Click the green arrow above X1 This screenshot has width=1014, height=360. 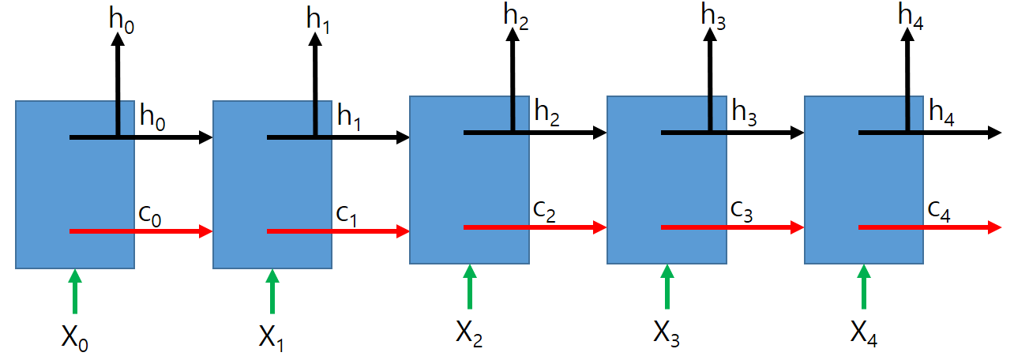tap(272, 291)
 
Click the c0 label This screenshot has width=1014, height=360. tap(149, 216)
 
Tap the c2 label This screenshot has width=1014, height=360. tap(544, 212)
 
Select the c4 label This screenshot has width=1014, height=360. tap(939, 211)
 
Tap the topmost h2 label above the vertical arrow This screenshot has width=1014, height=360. tap(517, 17)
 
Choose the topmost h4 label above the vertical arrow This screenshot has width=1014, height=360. tap(911, 17)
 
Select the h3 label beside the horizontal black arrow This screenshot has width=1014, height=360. tap(744, 113)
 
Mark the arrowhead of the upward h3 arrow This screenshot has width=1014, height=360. tap(709, 37)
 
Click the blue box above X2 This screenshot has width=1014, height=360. tap(469, 179)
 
